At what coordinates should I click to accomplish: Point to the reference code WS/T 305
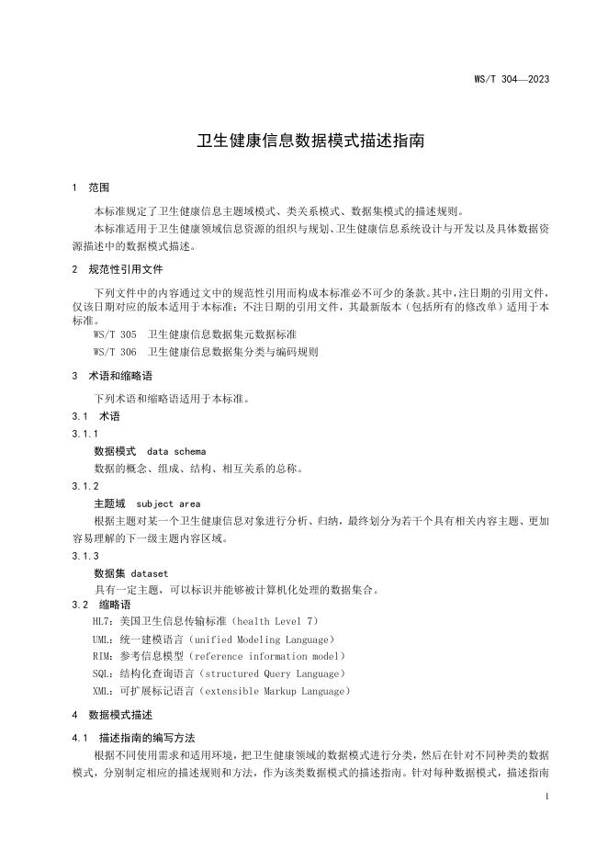115,335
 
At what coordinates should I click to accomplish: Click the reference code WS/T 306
115,352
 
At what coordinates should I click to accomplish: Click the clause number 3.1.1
85,434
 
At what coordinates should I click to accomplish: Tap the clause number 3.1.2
85,486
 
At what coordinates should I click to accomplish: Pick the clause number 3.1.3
85,556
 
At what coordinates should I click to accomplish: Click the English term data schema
176,451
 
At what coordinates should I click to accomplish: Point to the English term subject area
168,504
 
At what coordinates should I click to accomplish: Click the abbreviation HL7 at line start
103,622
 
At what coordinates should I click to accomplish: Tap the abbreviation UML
103,639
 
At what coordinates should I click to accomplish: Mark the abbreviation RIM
103,656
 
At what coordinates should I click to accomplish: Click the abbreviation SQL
103,673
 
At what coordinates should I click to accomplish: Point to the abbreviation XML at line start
103,690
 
